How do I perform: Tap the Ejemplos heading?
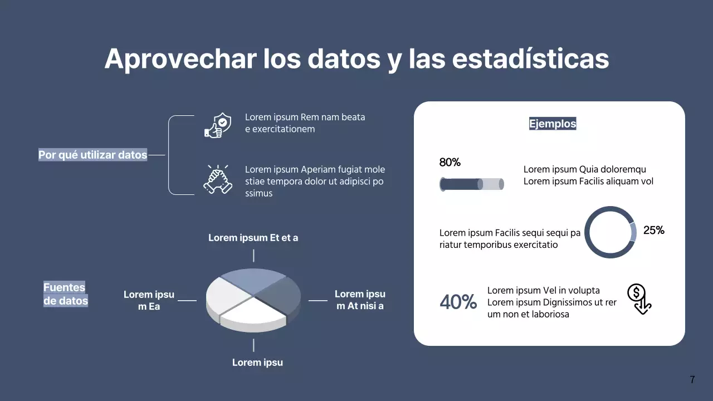[553, 124]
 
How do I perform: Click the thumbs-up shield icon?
[217, 125]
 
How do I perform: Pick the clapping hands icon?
[217, 179]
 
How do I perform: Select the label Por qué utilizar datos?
[92, 155]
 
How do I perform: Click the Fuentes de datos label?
[66, 294]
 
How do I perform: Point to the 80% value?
[450, 163]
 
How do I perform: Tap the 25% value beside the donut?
[654, 230]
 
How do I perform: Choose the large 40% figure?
[458, 302]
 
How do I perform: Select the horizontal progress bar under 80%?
[471, 184]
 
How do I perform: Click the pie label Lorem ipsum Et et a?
[253, 238]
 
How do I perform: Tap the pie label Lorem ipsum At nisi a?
[360, 300]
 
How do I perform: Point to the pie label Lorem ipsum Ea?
[149, 300]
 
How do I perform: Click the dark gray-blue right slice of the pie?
[281, 295]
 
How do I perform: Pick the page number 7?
[692, 380]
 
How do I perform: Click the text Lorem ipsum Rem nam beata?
[305, 118]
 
